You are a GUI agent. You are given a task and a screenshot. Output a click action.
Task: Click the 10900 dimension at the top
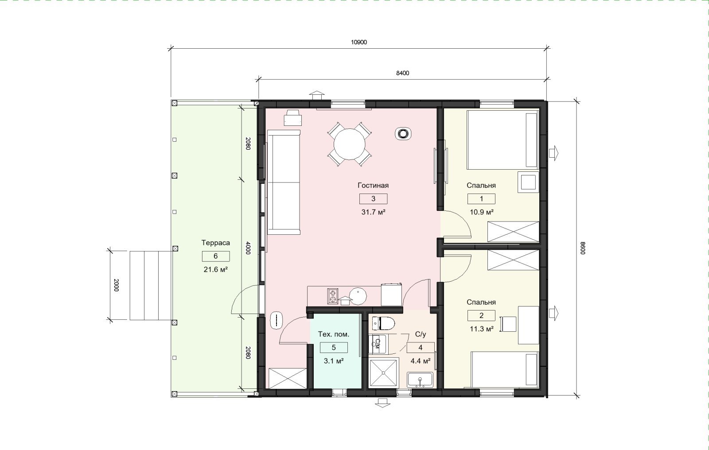click(x=359, y=43)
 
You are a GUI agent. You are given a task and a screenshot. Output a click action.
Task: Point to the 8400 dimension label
click(x=403, y=73)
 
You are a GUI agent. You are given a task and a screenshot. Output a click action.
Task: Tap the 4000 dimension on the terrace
click(x=248, y=248)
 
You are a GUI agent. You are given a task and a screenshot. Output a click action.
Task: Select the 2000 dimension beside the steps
click(x=116, y=285)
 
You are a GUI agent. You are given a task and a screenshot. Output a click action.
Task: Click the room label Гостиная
click(x=373, y=186)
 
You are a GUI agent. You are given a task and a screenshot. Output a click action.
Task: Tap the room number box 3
click(x=373, y=199)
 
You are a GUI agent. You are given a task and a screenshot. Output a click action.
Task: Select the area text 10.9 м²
click(x=481, y=212)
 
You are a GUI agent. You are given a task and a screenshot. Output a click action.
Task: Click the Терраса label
click(x=215, y=243)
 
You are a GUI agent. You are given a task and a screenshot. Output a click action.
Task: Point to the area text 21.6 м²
click(x=215, y=270)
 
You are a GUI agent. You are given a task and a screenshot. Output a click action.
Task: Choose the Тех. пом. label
click(x=334, y=334)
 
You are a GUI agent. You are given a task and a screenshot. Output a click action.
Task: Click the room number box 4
click(x=421, y=348)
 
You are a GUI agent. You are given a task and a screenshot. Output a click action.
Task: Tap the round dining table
click(x=350, y=144)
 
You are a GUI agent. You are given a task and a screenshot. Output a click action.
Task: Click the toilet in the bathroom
click(x=383, y=323)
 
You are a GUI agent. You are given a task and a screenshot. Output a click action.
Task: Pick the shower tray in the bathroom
click(x=384, y=373)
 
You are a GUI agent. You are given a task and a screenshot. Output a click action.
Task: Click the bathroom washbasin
click(x=420, y=380)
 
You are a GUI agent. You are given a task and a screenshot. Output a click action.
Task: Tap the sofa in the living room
click(x=284, y=182)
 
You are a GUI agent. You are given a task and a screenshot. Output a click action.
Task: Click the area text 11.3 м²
click(x=481, y=329)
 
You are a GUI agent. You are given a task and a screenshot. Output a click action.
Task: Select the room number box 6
click(x=215, y=256)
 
